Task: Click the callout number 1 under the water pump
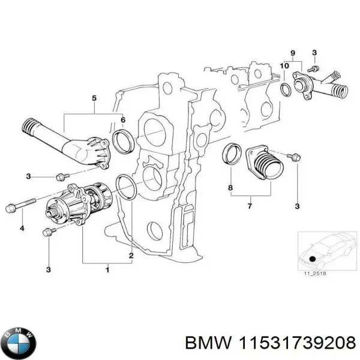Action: pos(107,270)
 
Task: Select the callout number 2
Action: pos(131,257)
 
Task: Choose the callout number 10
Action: pos(284,65)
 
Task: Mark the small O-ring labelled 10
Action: pos(287,89)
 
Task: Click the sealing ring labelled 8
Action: pos(231,154)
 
